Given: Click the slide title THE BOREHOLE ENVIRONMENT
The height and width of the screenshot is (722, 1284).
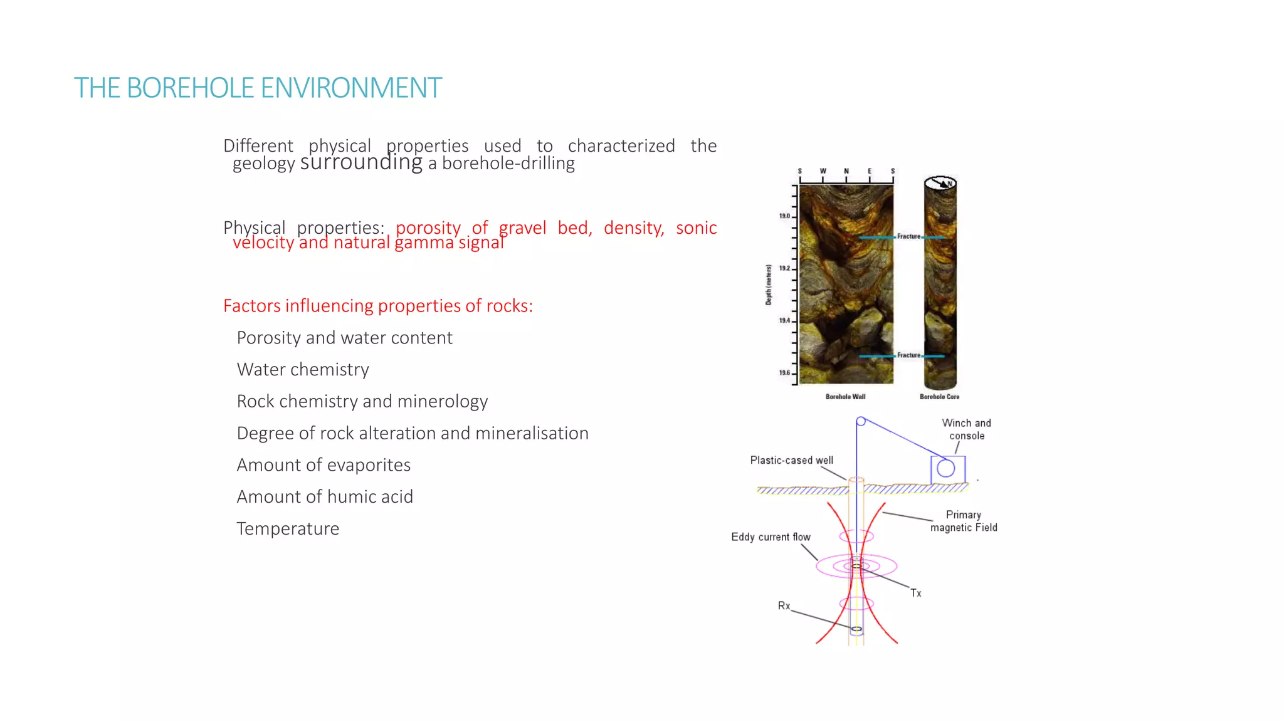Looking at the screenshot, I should tap(258, 88).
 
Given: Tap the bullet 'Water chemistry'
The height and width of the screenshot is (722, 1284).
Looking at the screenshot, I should tap(303, 370).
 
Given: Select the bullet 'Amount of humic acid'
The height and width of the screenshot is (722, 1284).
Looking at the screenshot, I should tap(325, 497).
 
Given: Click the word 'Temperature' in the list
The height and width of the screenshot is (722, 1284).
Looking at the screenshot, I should tap(288, 529).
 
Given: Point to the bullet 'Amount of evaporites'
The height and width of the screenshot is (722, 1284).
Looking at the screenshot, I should tap(324, 465).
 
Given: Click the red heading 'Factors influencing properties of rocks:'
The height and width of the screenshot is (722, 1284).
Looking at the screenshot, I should tap(377, 306).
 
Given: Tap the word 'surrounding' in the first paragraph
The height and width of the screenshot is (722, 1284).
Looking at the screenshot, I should tap(361, 162).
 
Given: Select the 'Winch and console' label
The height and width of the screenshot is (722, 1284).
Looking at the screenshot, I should tap(966, 429).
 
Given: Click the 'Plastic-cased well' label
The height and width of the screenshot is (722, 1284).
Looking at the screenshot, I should tap(791, 460).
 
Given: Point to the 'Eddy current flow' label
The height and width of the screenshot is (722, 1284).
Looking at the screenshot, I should tap(771, 537).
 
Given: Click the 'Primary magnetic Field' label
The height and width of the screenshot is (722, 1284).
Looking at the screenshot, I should tap(964, 521).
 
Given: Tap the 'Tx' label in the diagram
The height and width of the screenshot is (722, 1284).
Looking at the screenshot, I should tap(915, 593).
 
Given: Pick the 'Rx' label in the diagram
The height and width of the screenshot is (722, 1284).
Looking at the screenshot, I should tap(784, 605).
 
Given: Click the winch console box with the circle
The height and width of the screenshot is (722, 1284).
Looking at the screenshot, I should tap(947, 468).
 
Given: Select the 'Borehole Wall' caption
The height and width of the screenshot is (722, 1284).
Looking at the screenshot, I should tap(845, 397).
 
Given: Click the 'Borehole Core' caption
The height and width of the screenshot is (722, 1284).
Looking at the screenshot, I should tap(939, 397).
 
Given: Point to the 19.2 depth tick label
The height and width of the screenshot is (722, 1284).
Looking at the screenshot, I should tap(784, 268).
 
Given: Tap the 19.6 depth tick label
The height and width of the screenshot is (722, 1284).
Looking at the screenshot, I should tap(784, 373).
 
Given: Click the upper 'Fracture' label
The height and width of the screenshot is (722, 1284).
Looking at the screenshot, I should tap(908, 236).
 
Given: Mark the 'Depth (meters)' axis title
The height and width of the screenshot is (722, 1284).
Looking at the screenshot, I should tap(769, 285).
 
